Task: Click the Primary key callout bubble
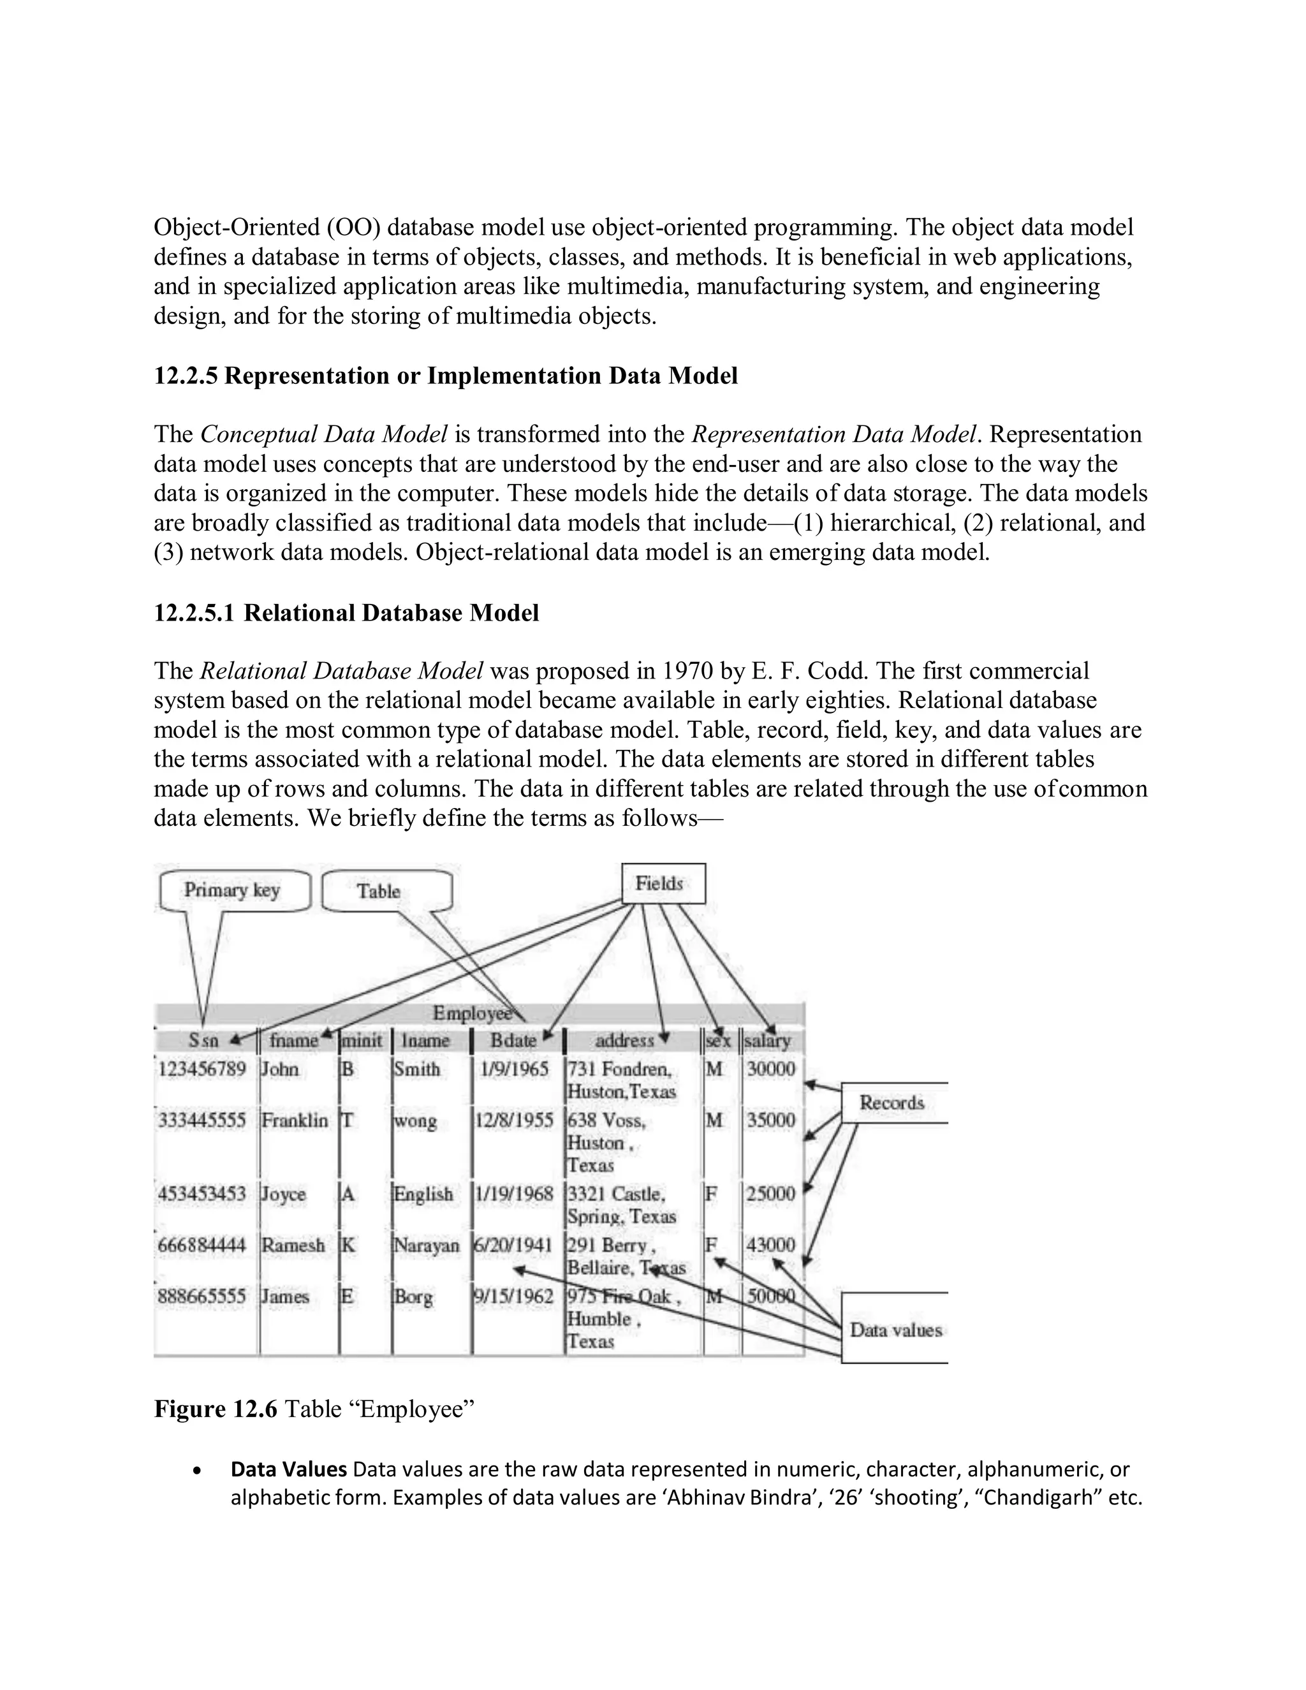(232, 891)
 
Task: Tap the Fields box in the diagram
(663, 884)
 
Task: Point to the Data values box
(895, 1330)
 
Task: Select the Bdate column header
(513, 1041)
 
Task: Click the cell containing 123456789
(203, 1069)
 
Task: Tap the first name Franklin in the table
(295, 1121)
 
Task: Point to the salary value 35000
(770, 1121)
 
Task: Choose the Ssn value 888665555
(203, 1296)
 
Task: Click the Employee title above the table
(471, 1014)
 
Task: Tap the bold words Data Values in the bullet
(289, 1469)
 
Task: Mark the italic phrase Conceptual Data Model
(323, 434)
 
